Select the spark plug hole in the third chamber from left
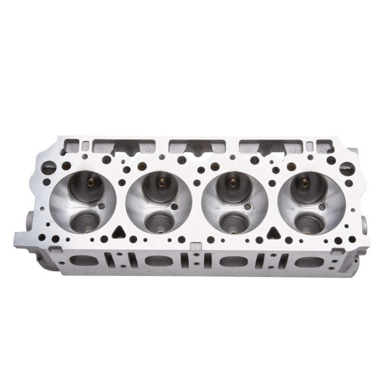point(248,206)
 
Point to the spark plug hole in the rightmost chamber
point(322,206)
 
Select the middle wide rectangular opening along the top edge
point(192,146)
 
